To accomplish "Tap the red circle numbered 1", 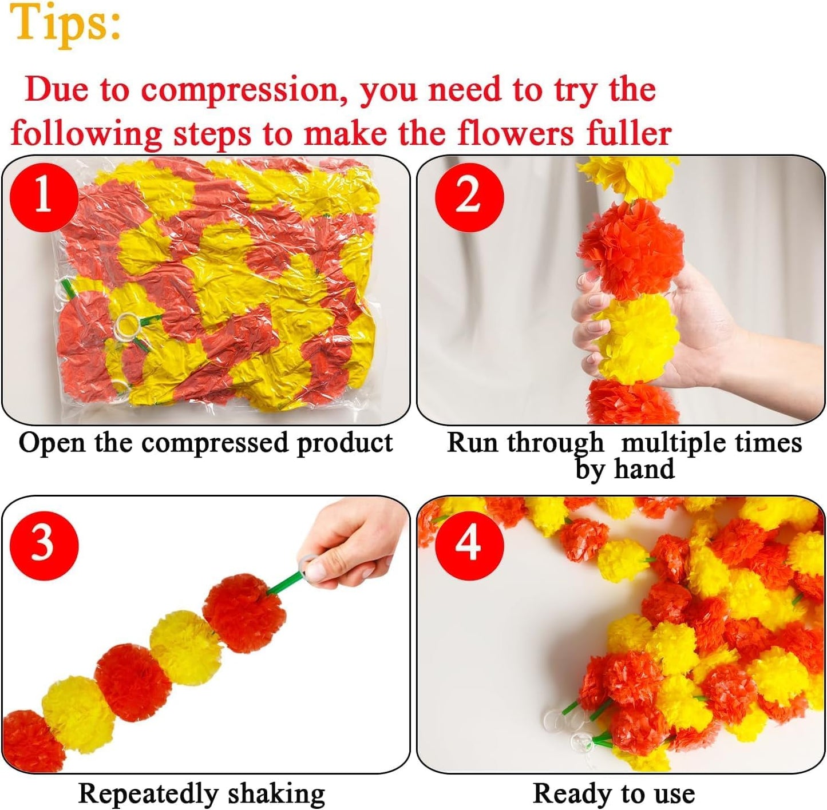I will [x=43, y=197].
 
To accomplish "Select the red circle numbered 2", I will [x=469, y=197].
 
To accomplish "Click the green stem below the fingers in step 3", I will [x=283, y=584].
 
